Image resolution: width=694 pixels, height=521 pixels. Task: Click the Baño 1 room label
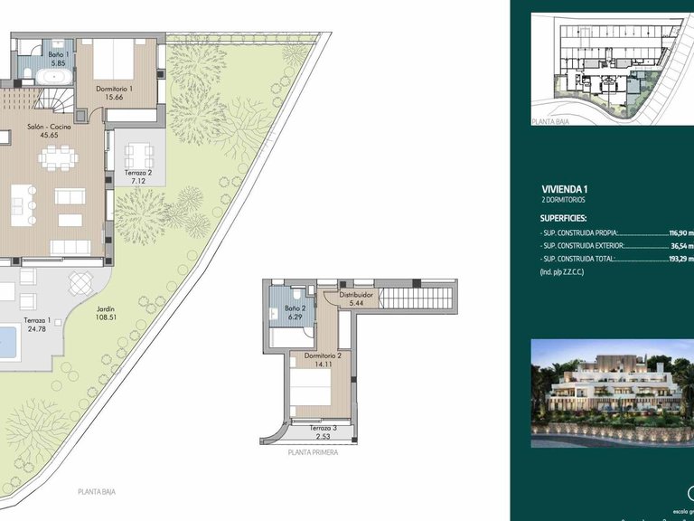(x=33, y=55)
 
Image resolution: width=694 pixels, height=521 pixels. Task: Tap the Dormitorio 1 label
(x=115, y=89)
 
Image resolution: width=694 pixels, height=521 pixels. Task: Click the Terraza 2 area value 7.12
(x=137, y=180)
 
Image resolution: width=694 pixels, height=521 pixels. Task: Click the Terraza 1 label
(x=37, y=321)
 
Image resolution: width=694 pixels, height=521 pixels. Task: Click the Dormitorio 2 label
(x=323, y=356)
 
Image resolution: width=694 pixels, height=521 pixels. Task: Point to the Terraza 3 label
(x=323, y=428)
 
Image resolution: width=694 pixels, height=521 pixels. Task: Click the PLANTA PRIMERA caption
(x=313, y=452)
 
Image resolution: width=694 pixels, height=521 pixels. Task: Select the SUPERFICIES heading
(x=564, y=218)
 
